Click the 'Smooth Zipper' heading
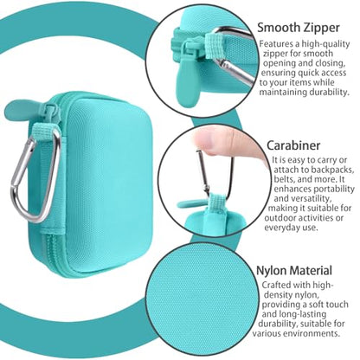(x=299, y=28)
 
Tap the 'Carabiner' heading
(x=293, y=145)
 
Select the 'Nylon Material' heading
(x=294, y=271)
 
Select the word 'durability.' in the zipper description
(x=330, y=93)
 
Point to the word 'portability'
(x=334, y=190)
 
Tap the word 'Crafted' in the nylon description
(x=276, y=285)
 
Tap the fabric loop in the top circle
(x=214, y=46)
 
